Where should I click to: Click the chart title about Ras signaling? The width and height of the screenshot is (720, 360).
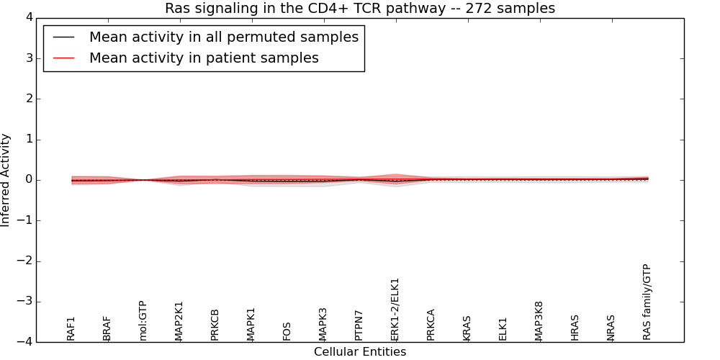[x=360, y=9]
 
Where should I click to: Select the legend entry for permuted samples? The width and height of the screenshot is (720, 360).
[x=223, y=37]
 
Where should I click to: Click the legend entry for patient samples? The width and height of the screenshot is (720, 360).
[x=204, y=58]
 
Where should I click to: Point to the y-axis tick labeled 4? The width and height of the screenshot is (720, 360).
[x=28, y=17]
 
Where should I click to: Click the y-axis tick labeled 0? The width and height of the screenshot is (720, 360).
[x=28, y=180]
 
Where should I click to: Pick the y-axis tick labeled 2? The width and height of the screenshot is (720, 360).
[x=28, y=99]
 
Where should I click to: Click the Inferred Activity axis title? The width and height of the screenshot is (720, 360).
[x=6, y=180]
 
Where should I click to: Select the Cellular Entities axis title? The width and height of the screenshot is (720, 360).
[x=360, y=352]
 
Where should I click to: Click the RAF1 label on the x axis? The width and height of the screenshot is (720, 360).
[x=71, y=328]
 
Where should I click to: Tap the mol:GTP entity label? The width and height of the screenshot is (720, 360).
[x=143, y=320]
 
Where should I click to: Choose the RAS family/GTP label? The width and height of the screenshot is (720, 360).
[x=647, y=302]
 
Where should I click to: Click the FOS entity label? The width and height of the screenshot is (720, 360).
[x=287, y=331]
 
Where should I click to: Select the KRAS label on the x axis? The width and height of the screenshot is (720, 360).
[x=467, y=328]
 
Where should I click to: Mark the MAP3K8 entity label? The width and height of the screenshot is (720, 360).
[x=539, y=321]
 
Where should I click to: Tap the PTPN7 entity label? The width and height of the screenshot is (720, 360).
[x=359, y=325]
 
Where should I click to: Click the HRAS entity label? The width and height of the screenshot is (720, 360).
[x=575, y=328]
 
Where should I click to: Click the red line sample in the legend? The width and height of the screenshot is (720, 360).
[x=63, y=58]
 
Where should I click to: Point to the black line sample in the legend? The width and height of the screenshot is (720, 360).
[x=63, y=37]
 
